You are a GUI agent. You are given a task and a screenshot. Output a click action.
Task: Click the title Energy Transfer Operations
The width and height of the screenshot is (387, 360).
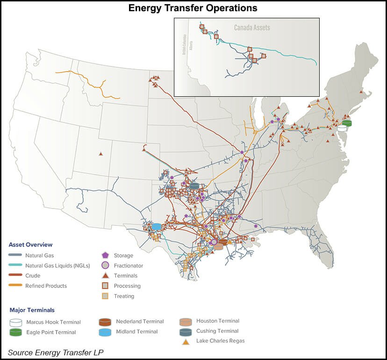(193, 8)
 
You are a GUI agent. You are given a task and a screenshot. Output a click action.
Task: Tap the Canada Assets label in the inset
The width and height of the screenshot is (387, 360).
(252, 28)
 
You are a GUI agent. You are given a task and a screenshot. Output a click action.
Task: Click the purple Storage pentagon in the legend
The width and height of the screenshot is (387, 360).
(105, 256)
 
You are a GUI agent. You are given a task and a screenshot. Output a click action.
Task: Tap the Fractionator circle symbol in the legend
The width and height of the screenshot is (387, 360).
(105, 266)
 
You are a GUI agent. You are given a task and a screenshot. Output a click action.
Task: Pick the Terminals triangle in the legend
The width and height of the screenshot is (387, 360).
(105, 276)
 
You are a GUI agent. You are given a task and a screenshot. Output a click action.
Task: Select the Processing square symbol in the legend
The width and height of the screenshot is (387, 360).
(105, 286)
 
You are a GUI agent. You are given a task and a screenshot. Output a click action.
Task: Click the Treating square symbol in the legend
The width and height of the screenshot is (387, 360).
(105, 296)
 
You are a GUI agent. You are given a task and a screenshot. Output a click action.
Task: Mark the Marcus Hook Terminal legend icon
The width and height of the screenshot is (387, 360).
(15, 322)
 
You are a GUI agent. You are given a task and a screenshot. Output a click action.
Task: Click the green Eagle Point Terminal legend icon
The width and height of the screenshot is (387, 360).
(15, 332)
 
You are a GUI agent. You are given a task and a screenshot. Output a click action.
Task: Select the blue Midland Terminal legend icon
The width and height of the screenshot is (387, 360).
(105, 332)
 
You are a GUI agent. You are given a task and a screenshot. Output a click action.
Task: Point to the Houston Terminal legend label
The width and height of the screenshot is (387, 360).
(218, 321)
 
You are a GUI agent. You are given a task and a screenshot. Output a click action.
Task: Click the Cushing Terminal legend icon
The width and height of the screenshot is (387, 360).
(186, 332)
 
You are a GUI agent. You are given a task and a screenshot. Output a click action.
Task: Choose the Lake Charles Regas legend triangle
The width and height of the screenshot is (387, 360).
(186, 341)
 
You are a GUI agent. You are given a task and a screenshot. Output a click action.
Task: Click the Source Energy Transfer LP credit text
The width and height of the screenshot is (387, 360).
(56, 352)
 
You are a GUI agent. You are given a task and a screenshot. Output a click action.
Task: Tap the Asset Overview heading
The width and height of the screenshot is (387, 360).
(30, 245)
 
